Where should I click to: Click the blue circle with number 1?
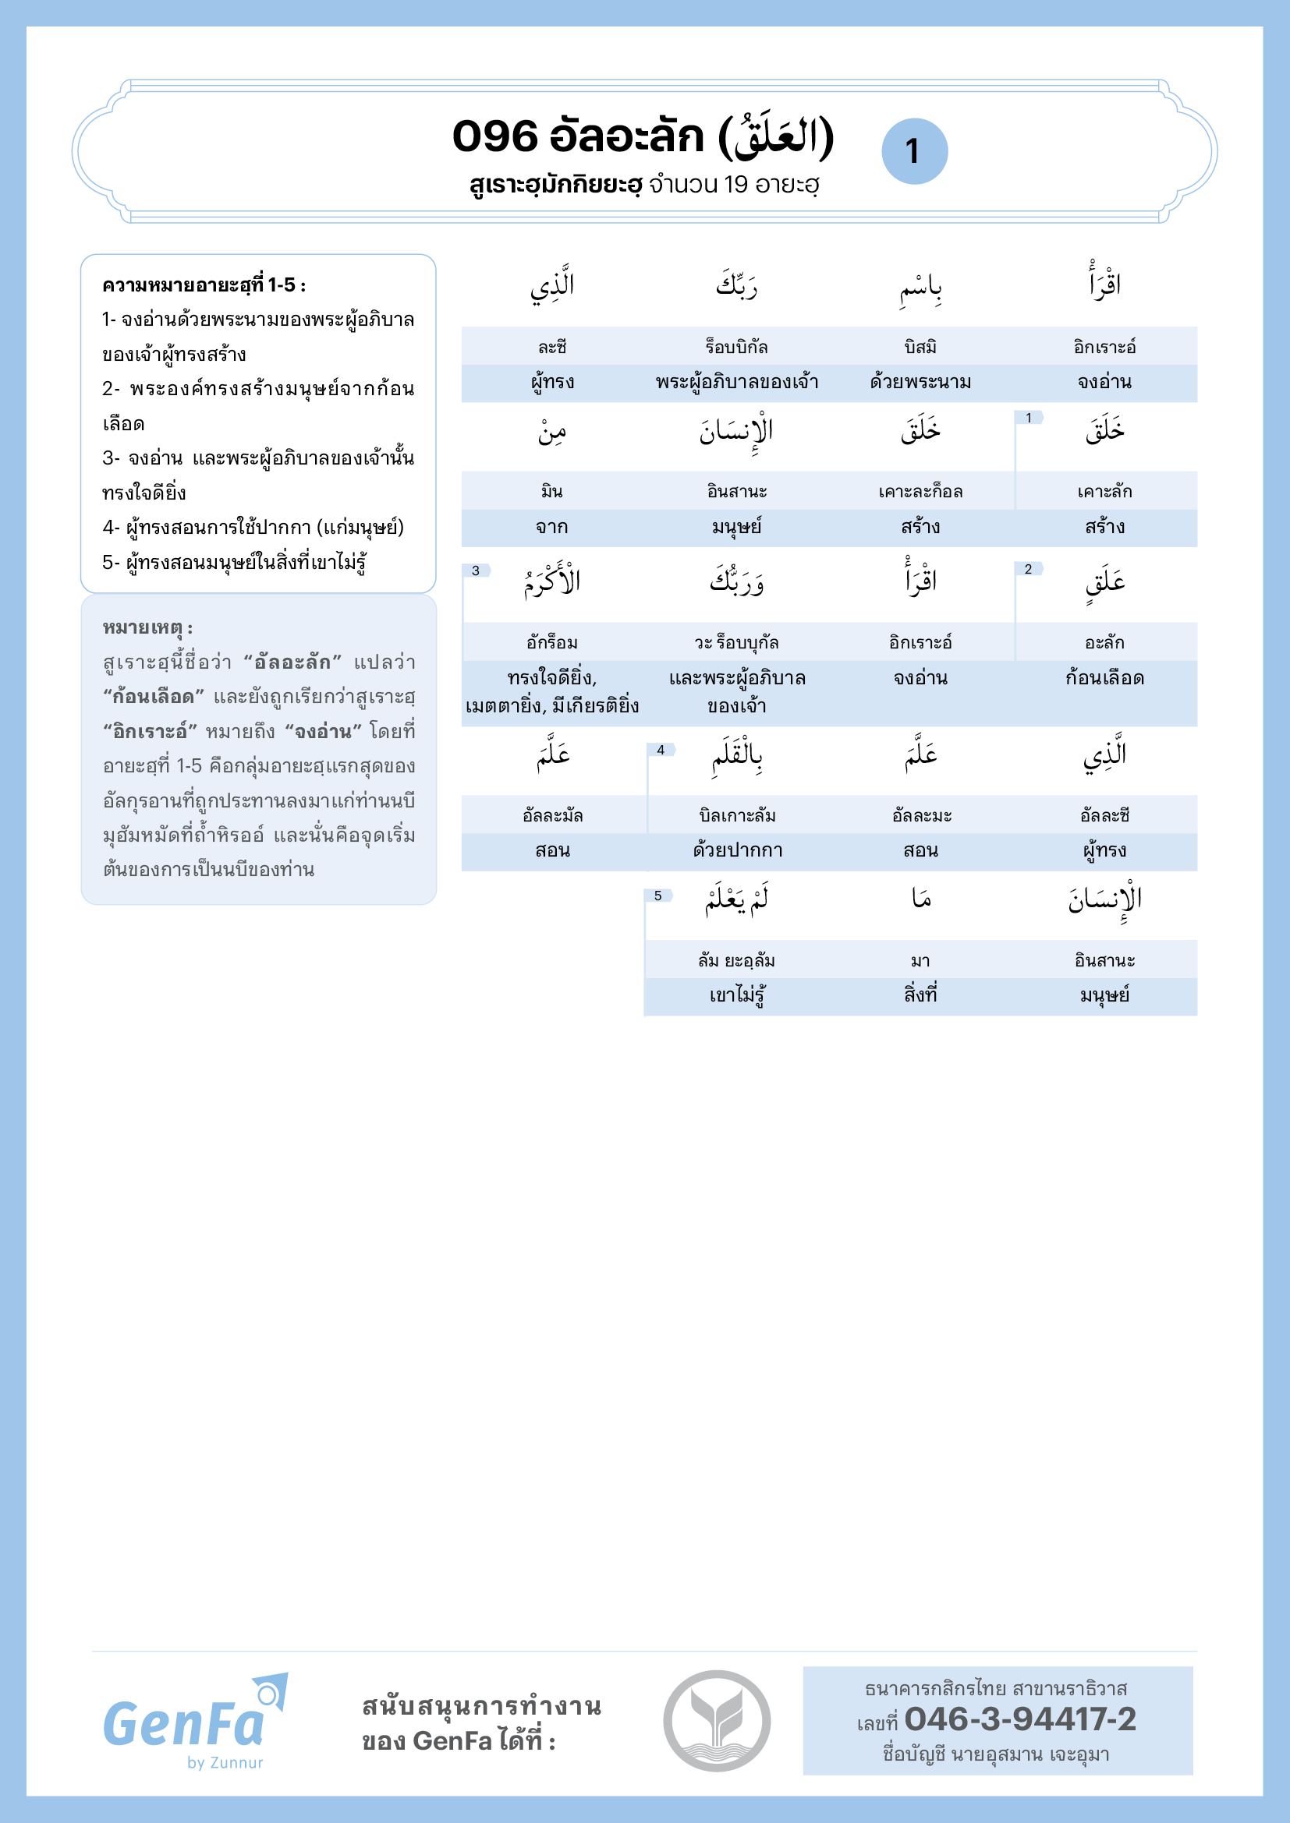(914, 151)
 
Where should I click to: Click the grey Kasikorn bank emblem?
(717, 1721)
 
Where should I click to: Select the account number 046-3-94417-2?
(1020, 1719)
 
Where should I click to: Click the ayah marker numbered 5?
(657, 896)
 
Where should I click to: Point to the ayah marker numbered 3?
(476, 570)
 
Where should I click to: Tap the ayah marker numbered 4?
(660, 750)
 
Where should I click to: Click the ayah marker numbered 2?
(1028, 568)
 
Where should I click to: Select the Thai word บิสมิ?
(920, 347)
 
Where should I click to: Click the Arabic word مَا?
(920, 899)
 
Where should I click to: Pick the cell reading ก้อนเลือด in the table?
(1104, 678)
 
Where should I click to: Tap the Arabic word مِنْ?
(552, 433)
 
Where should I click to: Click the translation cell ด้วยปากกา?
(737, 850)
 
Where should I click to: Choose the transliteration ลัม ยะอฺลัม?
(736, 961)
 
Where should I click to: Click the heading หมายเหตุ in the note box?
(147, 627)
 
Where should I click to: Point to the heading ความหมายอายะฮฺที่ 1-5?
(204, 285)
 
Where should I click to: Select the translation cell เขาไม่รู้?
(737, 995)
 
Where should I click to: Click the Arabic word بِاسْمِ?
(920, 288)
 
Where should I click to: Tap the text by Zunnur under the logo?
(225, 1763)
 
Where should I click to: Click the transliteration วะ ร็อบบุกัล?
(736, 642)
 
